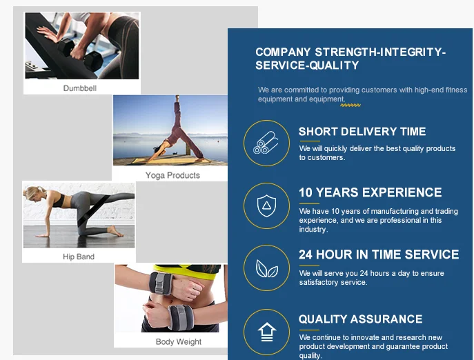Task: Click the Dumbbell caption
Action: (x=80, y=88)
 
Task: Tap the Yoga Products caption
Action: (x=172, y=175)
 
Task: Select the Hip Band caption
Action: (x=79, y=257)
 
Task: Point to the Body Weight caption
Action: (x=179, y=341)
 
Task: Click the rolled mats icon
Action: (x=266, y=143)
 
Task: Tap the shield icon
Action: (x=266, y=206)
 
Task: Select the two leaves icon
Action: (x=266, y=269)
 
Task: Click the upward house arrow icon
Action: (x=266, y=332)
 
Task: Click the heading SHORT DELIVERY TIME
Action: (x=362, y=132)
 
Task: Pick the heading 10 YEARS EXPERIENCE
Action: (x=371, y=192)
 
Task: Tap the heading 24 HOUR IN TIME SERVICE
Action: (x=379, y=254)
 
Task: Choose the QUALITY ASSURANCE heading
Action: (x=360, y=319)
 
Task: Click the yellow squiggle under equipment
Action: (x=350, y=106)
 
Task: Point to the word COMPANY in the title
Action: (x=283, y=52)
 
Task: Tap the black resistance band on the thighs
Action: (x=92, y=210)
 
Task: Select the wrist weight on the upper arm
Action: (x=161, y=283)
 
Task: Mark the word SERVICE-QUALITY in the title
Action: (x=307, y=66)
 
